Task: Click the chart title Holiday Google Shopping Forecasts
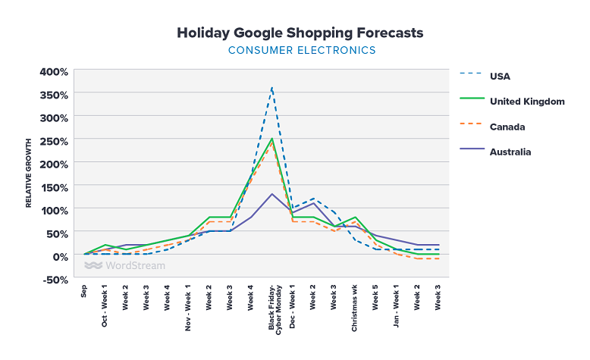300,33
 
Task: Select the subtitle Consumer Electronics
301,51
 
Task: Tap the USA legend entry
501,75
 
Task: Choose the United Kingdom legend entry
526,101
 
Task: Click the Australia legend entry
510,152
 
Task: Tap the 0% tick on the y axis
60,256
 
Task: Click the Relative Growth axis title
29,174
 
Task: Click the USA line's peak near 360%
271,88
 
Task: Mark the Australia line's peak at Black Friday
271,194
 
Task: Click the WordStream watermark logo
124,265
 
